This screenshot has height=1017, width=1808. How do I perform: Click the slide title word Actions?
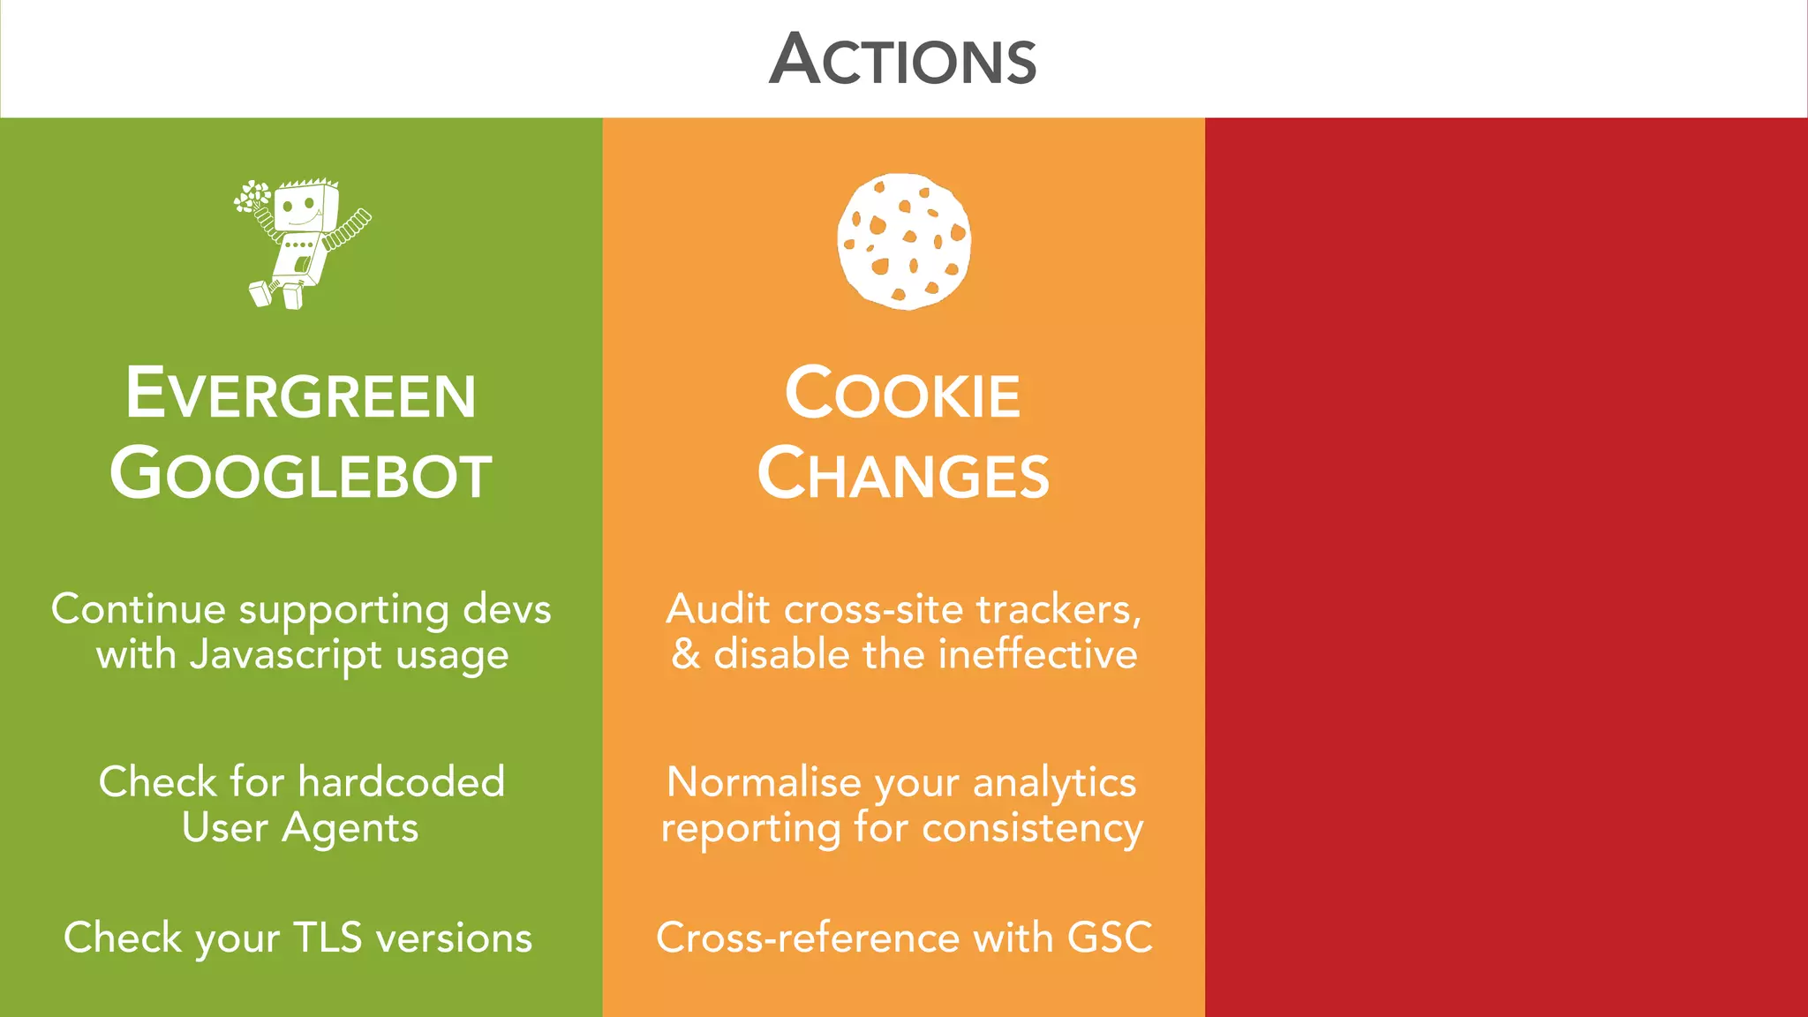[x=902, y=60]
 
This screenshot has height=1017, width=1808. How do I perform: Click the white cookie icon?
[x=904, y=241]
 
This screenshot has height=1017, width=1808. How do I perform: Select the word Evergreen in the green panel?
[x=301, y=394]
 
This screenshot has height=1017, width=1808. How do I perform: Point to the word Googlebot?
[x=301, y=474]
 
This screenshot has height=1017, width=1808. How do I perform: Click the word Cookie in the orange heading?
[x=902, y=394]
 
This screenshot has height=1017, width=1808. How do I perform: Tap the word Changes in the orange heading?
[x=903, y=474]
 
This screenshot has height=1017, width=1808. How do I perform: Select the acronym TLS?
[x=327, y=938]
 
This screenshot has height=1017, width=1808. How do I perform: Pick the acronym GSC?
[x=1110, y=938]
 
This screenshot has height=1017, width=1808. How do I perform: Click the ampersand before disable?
[x=686, y=655]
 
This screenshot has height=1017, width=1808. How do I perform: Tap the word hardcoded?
[x=402, y=782]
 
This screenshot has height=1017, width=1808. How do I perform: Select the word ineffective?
[x=1037, y=655]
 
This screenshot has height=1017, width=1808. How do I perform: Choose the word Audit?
[x=719, y=609]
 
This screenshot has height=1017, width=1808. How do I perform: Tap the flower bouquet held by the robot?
[x=252, y=197]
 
